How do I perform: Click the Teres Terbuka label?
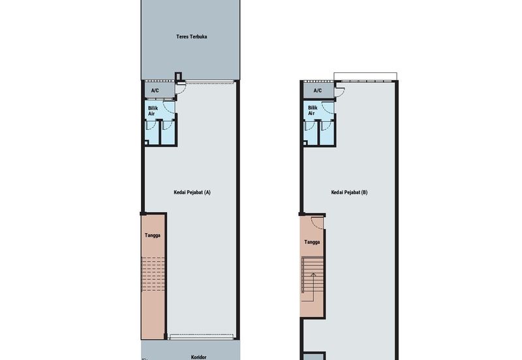tap(191, 37)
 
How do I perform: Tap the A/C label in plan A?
tap(155, 91)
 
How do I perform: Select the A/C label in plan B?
tap(318, 91)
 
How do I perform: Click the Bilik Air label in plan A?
tap(153, 111)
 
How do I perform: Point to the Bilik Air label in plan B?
tap(313, 110)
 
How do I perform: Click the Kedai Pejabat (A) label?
tap(192, 192)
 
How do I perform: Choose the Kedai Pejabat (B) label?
tap(349, 192)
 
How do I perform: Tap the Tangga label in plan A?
tap(153, 235)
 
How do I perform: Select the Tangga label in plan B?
tap(312, 242)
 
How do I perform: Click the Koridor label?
tap(198, 357)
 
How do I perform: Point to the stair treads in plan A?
tap(153, 274)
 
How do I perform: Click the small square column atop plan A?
tap(178, 76)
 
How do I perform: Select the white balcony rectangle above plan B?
tap(365, 76)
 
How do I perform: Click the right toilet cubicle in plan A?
tap(168, 132)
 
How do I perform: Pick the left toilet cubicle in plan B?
tap(311, 132)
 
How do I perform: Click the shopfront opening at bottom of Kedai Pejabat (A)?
tap(202, 337)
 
